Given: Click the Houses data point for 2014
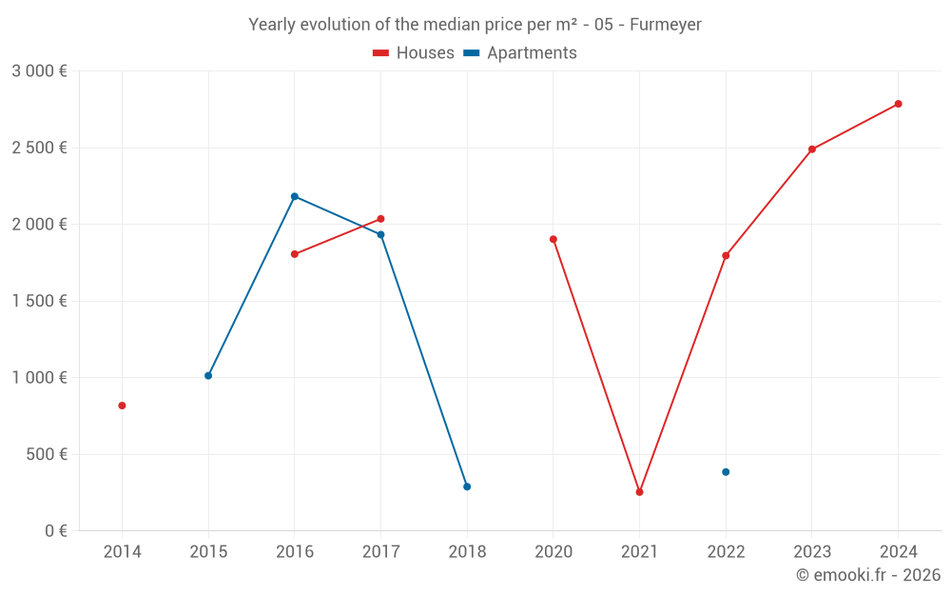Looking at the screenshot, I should point(122,406).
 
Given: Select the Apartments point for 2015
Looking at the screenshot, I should point(208,375).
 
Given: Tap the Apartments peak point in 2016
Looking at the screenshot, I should point(295,196).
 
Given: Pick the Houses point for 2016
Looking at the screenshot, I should point(295,254).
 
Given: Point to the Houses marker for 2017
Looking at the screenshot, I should point(380,219).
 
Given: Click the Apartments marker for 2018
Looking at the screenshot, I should point(467,486).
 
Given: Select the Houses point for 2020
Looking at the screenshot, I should point(553,239).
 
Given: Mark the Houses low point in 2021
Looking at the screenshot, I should point(639,492).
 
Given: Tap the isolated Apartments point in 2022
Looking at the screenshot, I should point(726,472).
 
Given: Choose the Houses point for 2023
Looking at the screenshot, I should point(812,149).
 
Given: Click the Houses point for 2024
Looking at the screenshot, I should point(898,104).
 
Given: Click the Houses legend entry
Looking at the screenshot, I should point(414,53).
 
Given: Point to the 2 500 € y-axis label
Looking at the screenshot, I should point(39,148).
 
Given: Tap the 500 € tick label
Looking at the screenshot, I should point(45,454).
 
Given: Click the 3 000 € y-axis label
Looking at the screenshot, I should point(39,71).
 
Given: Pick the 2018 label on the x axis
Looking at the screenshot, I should point(467,551).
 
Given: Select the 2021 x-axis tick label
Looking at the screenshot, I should point(639,551).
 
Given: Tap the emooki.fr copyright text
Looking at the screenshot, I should point(867,575).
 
